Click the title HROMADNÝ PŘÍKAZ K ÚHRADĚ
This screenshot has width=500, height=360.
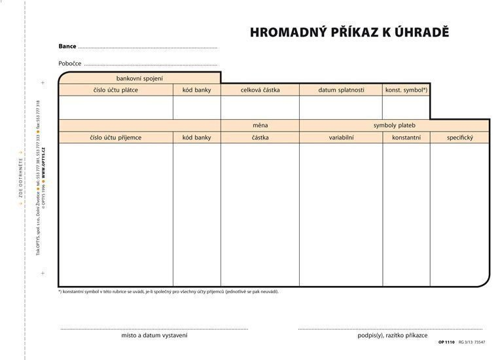[x=349, y=32]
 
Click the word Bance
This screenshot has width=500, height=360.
[x=67, y=46]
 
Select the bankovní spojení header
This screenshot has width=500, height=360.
[x=139, y=79]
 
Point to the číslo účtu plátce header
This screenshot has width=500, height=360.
[x=116, y=90]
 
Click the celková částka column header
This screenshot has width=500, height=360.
[x=260, y=90]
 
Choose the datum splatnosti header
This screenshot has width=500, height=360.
[x=341, y=90]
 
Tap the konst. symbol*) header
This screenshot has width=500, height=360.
[x=406, y=90]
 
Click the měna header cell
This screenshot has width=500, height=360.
[x=260, y=125]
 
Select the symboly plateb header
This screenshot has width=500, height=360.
[x=394, y=125]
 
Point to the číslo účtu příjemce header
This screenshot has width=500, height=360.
[x=116, y=137]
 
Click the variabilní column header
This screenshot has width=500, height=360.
[x=341, y=137]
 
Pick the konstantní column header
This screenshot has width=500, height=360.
[x=406, y=137]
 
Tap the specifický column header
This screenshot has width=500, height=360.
[x=459, y=137]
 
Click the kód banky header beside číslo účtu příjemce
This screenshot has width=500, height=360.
[x=197, y=137]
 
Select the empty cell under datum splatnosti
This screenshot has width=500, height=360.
[x=341, y=107]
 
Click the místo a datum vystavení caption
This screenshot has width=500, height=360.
[x=154, y=335]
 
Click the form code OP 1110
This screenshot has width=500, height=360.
[x=446, y=342]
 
